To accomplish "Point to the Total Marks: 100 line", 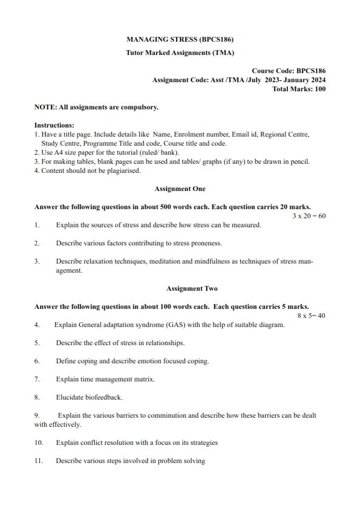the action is click(x=299, y=89).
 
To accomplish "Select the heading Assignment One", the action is click(x=180, y=189).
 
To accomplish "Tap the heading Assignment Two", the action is click(x=180, y=288).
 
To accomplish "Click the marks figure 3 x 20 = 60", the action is click(x=309, y=216).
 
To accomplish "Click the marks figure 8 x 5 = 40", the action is click(x=311, y=316).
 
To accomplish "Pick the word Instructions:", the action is click(x=54, y=125).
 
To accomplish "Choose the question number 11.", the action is click(x=39, y=461).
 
